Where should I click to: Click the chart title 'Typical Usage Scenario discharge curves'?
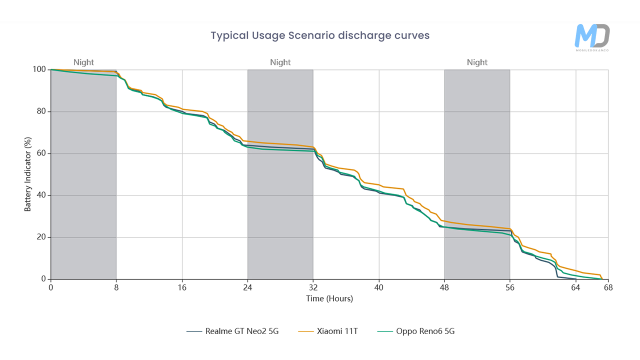[x=320, y=35]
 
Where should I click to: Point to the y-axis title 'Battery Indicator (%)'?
[x=27, y=174]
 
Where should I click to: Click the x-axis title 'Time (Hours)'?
[x=329, y=298]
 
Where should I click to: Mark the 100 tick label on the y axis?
[x=40, y=69]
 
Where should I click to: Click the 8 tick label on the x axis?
[x=116, y=287]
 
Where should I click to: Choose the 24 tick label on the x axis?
[x=247, y=287]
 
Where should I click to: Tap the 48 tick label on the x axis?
[x=444, y=287]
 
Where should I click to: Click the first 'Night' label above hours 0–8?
[x=83, y=62]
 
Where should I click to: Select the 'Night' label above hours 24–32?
[x=280, y=62]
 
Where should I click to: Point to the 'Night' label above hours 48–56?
[x=477, y=62]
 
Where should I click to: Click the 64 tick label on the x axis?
[x=575, y=287]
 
